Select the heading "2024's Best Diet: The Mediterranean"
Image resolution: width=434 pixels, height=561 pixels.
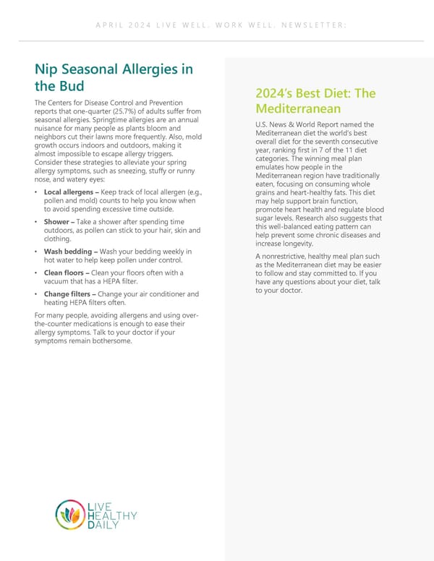pyautogui.click(x=315, y=101)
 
